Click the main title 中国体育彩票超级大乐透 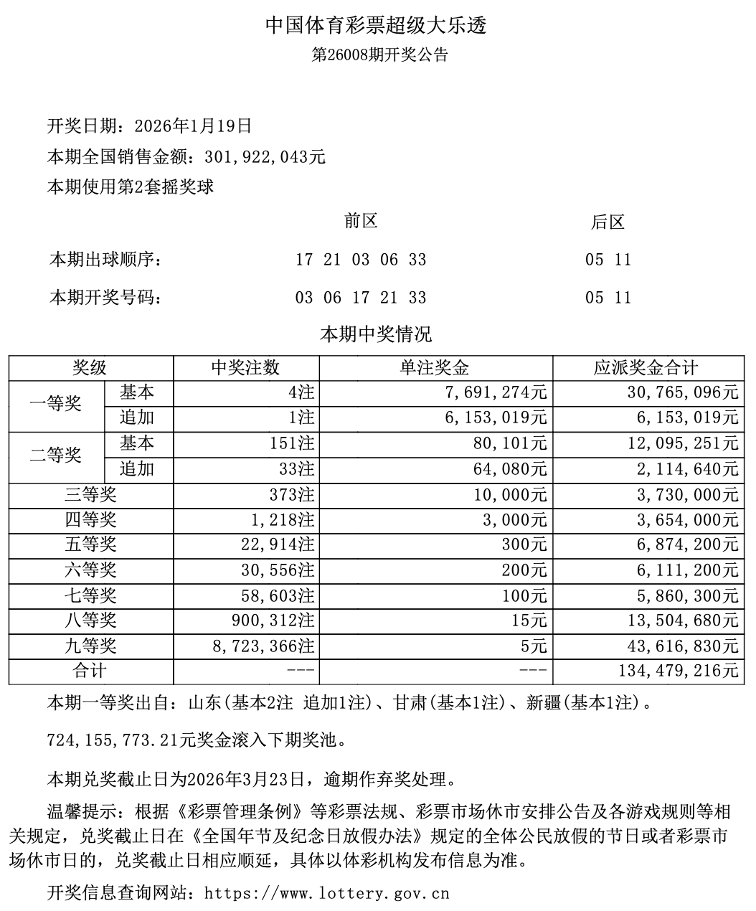pos(377,27)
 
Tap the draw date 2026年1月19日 pos(193,126)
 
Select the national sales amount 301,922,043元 pos(265,157)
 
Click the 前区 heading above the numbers pos(361,222)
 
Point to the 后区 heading pos(608,222)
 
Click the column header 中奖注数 pos(245,369)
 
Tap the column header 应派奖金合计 pos(646,369)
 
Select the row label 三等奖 pos(91,495)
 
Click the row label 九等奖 pos(91,646)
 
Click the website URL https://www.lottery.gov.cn pos(326,894)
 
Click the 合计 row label pos(91,671)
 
